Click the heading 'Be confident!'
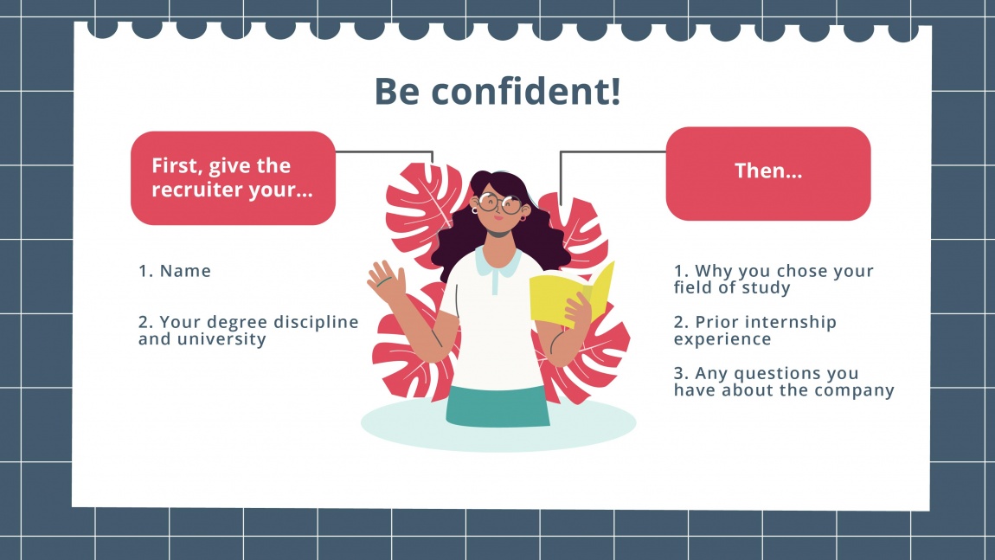pyautogui.click(x=497, y=92)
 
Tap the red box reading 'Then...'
pyautogui.click(x=767, y=173)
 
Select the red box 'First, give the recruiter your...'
pyautogui.click(x=233, y=178)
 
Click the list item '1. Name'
pyautogui.click(x=175, y=271)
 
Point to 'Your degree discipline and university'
pyautogui.click(x=248, y=330)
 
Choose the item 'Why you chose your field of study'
pyautogui.click(x=774, y=279)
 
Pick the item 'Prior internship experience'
pyautogui.click(x=754, y=330)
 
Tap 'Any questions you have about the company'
pyautogui.click(x=783, y=382)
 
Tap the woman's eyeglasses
pyautogui.click(x=498, y=204)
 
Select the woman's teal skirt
pyautogui.click(x=497, y=406)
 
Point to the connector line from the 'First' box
pyautogui.click(x=385, y=151)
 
